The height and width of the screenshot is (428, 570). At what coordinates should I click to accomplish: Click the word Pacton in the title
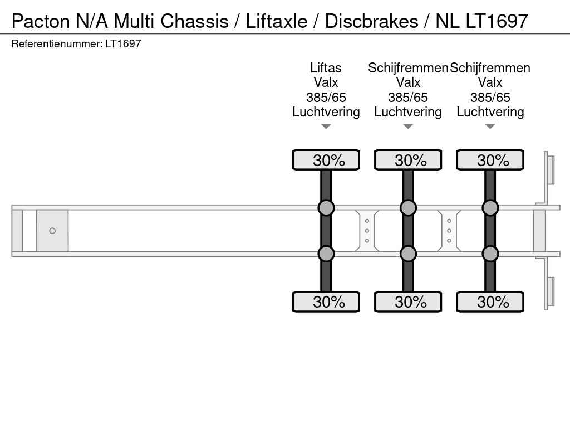(x=41, y=21)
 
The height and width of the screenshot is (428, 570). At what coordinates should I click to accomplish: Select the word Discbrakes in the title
(x=371, y=21)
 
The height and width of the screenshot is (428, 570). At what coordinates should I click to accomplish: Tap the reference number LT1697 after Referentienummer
(x=123, y=43)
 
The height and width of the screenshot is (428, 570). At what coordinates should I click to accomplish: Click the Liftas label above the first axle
(x=326, y=67)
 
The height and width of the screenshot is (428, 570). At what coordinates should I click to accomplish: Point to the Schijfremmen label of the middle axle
(x=408, y=67)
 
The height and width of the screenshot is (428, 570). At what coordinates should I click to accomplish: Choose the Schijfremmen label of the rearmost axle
(x=490, y=67)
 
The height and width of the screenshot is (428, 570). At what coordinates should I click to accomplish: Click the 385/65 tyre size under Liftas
(x=326, y=97)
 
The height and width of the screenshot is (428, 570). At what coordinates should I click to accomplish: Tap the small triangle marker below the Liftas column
(x=326, y=127)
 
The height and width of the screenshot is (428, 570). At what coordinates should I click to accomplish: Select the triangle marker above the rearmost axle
(x=490, y=127)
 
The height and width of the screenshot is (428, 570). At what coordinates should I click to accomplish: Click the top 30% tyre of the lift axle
(x=326, y=160)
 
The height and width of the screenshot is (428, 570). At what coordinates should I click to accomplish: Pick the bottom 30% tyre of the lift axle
(x=326, y=301)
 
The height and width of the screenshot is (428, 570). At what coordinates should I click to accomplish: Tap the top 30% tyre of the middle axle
(x=408, y=160)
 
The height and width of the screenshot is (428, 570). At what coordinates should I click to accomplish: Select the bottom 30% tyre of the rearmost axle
(x=490, y=301)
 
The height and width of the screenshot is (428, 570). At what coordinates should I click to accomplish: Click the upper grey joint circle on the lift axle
(x=326, y=208)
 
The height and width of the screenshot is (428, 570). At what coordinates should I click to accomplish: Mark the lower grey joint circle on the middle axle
(x=408, y=254)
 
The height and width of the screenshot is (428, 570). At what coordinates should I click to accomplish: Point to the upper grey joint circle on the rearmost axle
(x=490, y=208)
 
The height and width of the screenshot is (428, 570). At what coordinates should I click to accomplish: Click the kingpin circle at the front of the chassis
(x=52, y=231)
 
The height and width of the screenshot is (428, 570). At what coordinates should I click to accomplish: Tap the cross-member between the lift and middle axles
(x=367, y=231)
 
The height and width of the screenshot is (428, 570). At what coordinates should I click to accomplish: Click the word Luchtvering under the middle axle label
(x=408, y=111)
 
